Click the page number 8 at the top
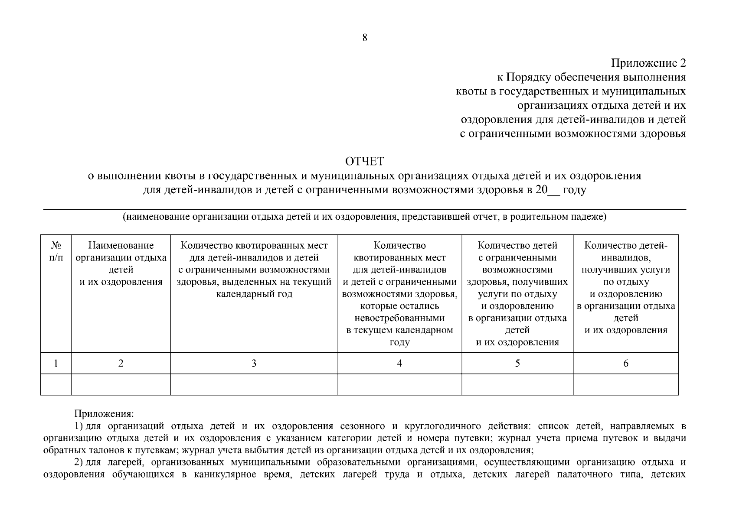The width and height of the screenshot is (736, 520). [x=364, y=38]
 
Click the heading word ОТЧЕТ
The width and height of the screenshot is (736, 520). [x=364, y=162]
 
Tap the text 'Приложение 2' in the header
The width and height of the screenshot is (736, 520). [x=648, y=63]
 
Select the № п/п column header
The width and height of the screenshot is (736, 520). [x=56, y=251]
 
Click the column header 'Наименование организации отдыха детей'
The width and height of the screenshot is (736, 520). [x=121, y=263]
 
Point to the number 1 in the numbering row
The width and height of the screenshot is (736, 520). [x=56, y=363]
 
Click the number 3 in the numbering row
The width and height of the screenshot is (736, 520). [x=254, y=363]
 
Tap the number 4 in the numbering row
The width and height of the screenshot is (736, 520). [x=399, y=363]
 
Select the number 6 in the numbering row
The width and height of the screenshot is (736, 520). [x=625, y=363]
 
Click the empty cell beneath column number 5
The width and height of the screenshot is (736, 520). [x=517, y=384]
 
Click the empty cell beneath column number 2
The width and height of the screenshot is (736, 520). [x=121, y=384]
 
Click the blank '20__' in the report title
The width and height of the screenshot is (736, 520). [x=547, y=190]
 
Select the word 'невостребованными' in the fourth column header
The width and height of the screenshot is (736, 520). [x=399, y=318]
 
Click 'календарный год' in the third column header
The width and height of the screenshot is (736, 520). [x=254, y=294]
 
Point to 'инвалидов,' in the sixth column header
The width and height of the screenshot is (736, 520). [x=625, y=258]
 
